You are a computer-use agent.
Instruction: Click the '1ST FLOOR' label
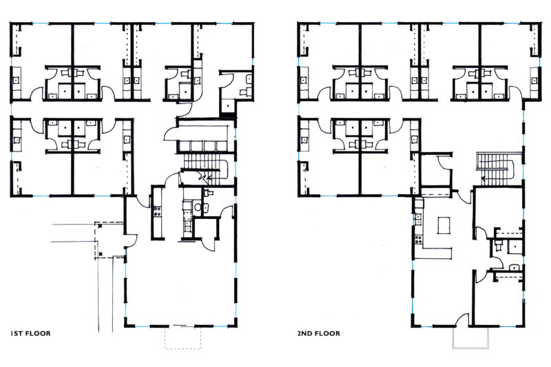[x=30, y=333]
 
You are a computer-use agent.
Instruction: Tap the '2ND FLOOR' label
[x=318, y=333]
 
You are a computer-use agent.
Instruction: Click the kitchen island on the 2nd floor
[x=444, y=225]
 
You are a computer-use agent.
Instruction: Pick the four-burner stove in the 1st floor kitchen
[x=157, y=211]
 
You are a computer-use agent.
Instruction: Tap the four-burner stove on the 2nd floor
[x=419, y=240]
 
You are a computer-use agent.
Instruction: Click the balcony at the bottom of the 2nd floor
[x=470, y=338]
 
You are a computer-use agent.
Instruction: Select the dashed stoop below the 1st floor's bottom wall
[x=183, y=338]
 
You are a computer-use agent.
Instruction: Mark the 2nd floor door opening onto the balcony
[x=463, y=319]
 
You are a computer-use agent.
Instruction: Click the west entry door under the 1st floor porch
[x=132, y=240]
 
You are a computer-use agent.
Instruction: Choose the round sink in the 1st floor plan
[x=198, y=207]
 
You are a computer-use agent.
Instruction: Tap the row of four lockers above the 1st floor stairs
[x=202, y=147]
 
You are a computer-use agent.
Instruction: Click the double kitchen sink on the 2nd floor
[x=419, y=220]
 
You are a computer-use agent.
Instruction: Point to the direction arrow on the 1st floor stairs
[x=205, y=178]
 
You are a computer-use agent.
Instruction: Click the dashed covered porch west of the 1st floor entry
[x=109, y=240]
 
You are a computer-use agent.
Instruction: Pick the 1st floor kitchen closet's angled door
[x=207, y=243]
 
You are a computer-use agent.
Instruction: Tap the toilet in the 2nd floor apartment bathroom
[x=498, y=245]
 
